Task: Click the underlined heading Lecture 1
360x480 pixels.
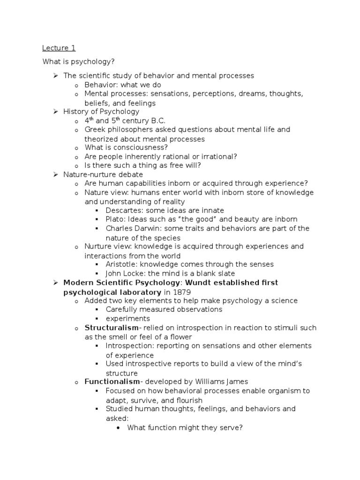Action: pos(59,48)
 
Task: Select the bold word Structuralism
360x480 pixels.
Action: pos(112,327)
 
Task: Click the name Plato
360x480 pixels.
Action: pos(114,219)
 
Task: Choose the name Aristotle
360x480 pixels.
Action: pos(121,264)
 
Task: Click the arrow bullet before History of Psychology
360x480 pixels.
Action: pos(54,112)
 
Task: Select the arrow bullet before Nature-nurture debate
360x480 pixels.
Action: pos(54,174)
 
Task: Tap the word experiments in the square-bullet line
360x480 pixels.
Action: pos(128,319)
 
